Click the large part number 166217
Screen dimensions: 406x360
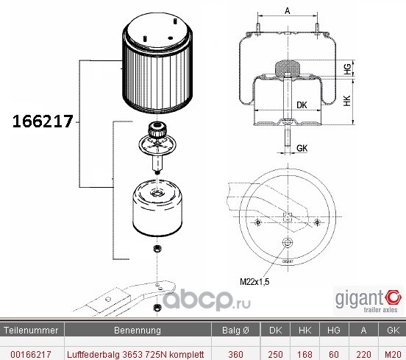pyautogui.click(x=43, y=121)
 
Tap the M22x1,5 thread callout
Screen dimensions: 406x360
pyautogui.click(x=254, y=281)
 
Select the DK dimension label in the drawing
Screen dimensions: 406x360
pyautogui.click(x=302, y=105)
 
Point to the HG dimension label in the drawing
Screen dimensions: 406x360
pyautogui.click(x=347, y=69)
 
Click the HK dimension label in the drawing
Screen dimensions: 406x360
pyautogui.click(x=347, y=101)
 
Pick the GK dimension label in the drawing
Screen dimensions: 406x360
pyautogui.click(x=302, y=148)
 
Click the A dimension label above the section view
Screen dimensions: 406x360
pyautogui.click(x=288, y=11)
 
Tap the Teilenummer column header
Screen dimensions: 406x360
pyautogui.click(x=31, y=331)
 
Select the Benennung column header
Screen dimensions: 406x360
pyautogui.click(x=138, y=331)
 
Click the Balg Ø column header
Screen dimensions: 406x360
pyautogui.click(x=235, y=331)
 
